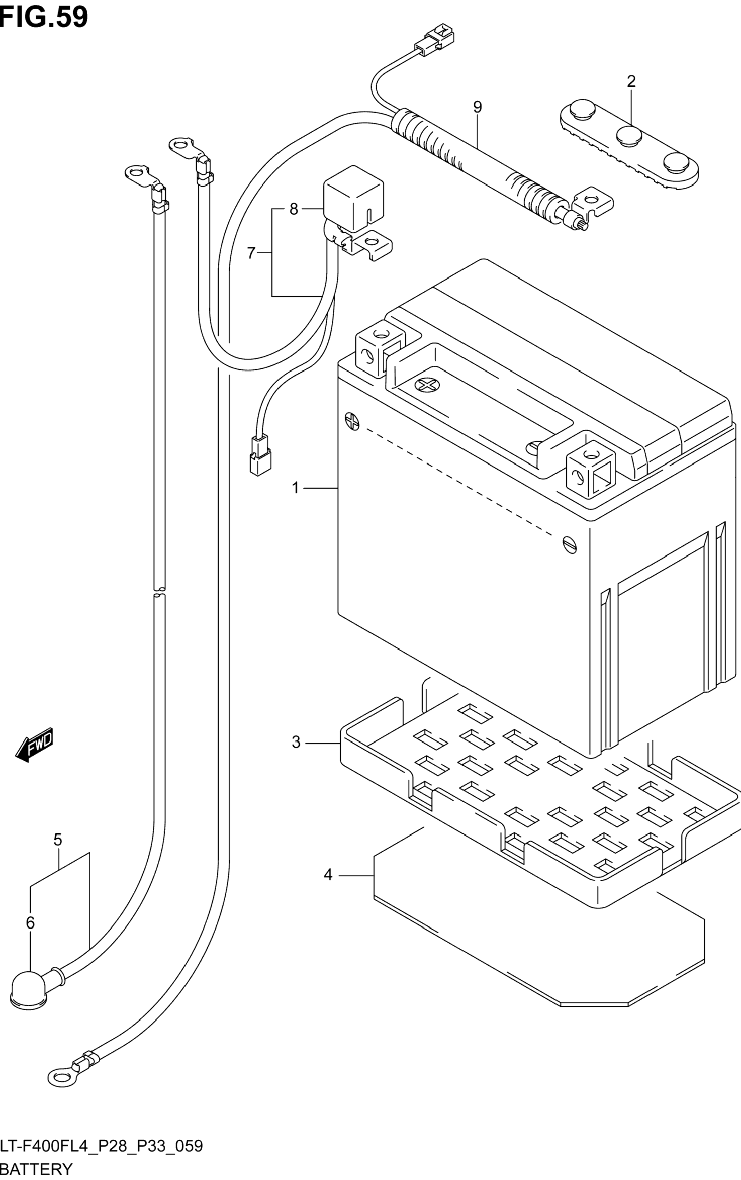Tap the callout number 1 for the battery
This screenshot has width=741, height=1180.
[295, 488]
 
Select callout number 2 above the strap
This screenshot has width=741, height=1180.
[631, 81]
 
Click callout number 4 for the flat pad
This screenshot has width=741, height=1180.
[58, 840]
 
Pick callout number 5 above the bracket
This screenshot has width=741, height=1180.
[30, 923]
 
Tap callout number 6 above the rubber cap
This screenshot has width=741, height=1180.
[251, 253]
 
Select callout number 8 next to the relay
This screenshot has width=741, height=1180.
[478, 107]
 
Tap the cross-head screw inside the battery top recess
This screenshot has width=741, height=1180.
[36, 1169]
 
